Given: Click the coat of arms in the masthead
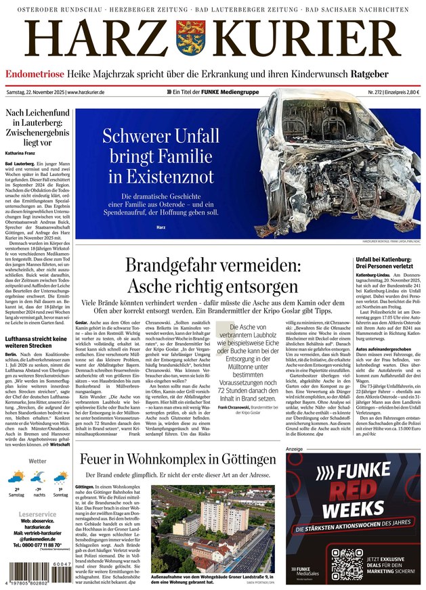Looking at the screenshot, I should coord(190,39).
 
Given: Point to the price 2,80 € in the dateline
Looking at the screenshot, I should coord(408,91).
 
